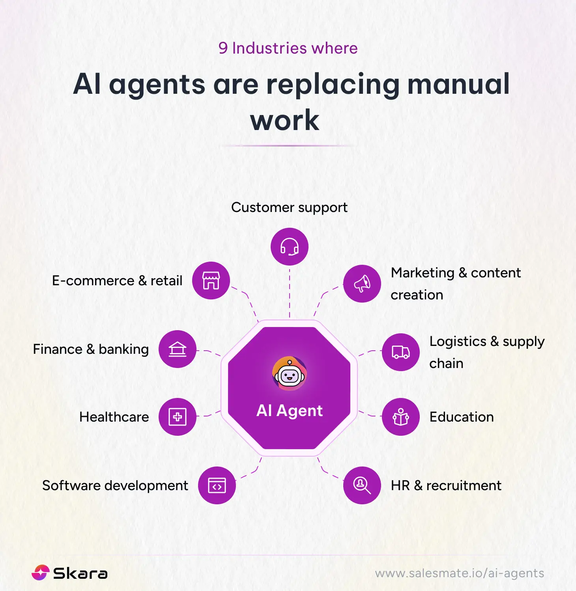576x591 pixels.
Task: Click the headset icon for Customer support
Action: pyautogui.click(x=290, y=247)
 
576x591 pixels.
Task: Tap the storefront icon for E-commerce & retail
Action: pyautogui.click(x=211, y=281)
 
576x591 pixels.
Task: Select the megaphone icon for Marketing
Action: pyautogui.click(x=362, y=284)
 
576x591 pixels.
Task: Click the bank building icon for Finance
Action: pyautogui.click(x=178, y=349)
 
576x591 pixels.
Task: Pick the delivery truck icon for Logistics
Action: pyautogui.click(x=401, y=352)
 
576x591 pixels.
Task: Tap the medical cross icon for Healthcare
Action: pyautogui.click(x=178, y=417)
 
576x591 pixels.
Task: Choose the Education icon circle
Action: pyautogui.click(x=401, y=417)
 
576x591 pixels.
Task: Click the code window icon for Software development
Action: pyautogui.click(x=217, y=485)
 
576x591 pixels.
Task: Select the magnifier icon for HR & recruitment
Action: pyautogui.click(x=362, y=485)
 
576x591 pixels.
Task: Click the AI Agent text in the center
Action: pyautogui.click(x=290, y=411)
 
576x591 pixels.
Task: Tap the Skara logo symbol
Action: pyautogui.click(x=40, y=573)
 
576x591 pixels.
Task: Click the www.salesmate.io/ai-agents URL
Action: pyautogui.click(x=460, y=573)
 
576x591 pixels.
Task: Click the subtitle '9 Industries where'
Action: pyautogui.click(x=288, y=48)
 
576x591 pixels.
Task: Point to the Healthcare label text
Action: pyautogui.click(x=114, y=417)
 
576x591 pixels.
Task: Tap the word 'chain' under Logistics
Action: pyautogui.click(x=446, y=363)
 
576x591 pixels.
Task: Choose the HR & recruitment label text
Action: pyautogui.click(x=446, y=485)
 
